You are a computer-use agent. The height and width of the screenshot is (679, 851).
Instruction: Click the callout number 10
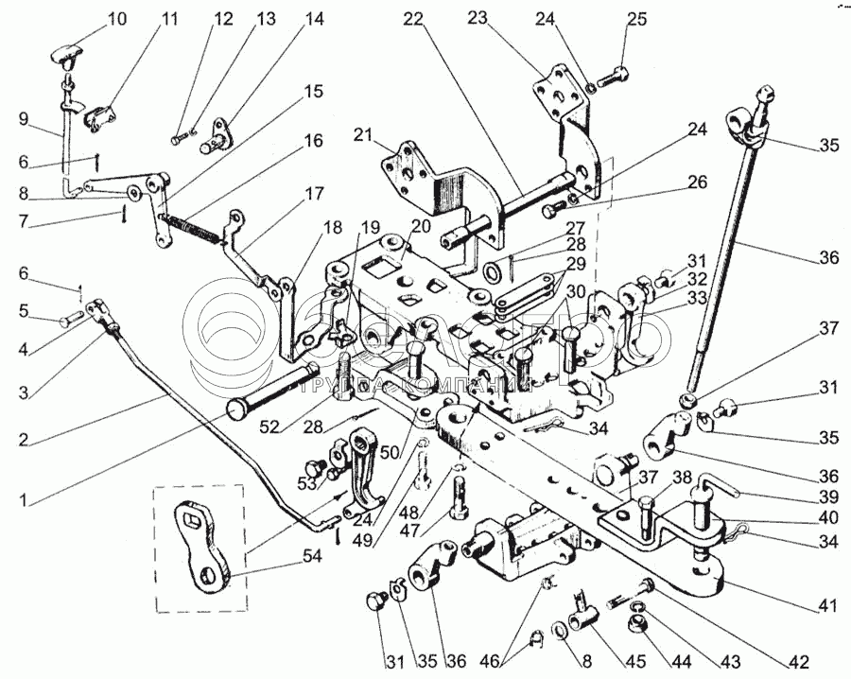tap(115, 18)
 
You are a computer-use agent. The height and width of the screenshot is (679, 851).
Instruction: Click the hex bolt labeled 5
tap(69, 322)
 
